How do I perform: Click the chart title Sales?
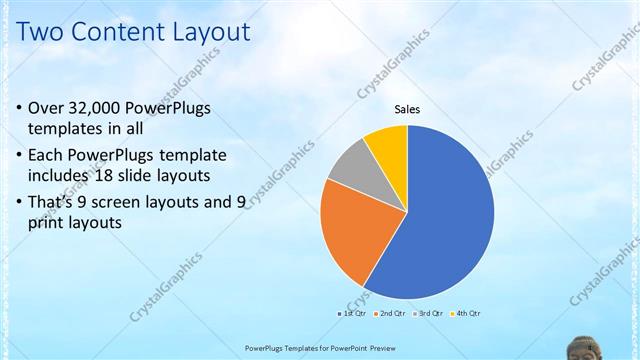[x=407, y=109]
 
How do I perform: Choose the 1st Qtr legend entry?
[x=350, y=314]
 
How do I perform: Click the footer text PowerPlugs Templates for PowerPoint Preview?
[x=319, y=347]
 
